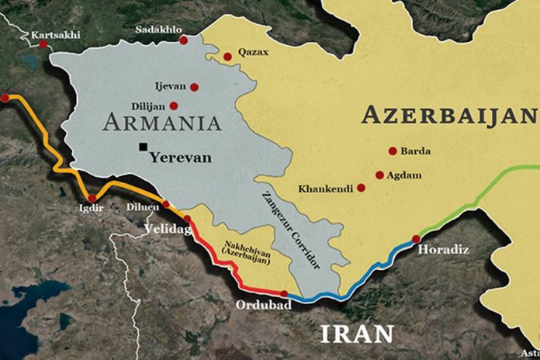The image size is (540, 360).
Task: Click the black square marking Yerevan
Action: pos(143,147)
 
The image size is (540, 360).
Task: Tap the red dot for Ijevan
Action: pos(194,88)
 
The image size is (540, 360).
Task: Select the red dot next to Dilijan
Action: pos(174,106)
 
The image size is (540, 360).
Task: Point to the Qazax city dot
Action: pos(227,57)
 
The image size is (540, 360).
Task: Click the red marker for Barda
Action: pos(393,151)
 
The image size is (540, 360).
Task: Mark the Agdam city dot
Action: pos(379,175)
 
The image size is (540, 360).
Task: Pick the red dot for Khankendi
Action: pos(361,188)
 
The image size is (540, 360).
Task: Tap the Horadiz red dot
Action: pos(417,239)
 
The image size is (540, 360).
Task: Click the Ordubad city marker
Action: pos(285,294)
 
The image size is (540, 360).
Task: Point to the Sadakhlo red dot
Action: pos(183,40)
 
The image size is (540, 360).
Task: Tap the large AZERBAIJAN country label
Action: pos(449,116)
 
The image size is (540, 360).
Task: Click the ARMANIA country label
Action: pos(161,123)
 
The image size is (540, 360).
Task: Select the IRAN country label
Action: pos(358,334)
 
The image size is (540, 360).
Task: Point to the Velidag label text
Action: pos(166,228)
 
